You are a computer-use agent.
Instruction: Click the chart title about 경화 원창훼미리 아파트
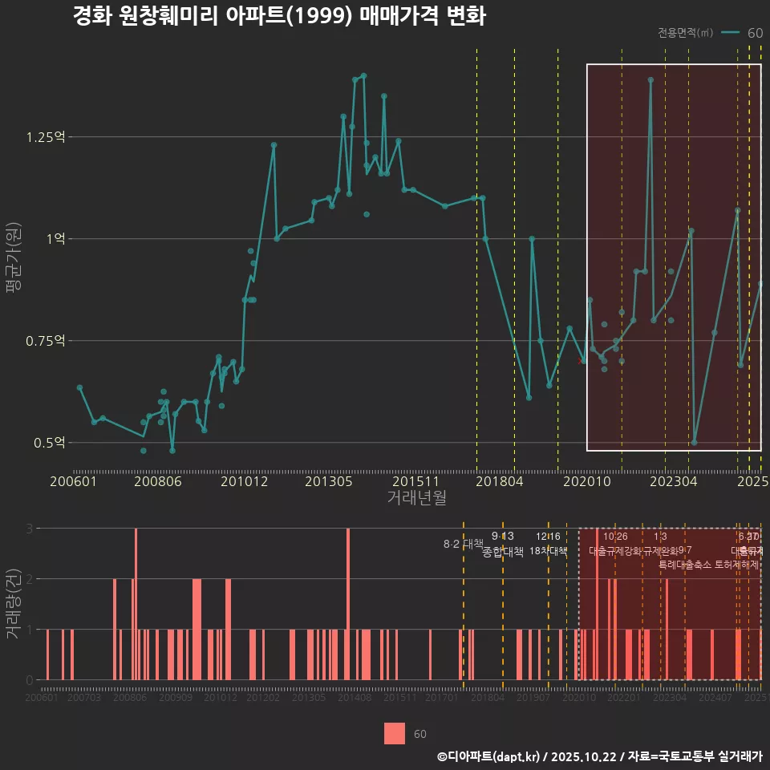(x=278, y=17)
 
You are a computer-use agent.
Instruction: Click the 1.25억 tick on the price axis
(x=46, y=137)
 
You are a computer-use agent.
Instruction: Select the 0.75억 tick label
(x=46, y=341)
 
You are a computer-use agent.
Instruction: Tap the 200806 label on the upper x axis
(x=157, y=482)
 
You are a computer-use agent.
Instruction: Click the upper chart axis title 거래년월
(x=416, y=497)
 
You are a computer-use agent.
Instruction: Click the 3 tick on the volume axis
(x=29, y=529)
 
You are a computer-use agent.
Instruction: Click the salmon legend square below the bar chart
(x=395, y=733)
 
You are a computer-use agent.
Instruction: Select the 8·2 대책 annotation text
(x=463, y=544)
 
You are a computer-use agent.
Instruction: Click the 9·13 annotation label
(x=503, y=536)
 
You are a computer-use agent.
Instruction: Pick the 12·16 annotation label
(x=548, y=536)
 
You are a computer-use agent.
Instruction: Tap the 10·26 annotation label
(x=615, y=536)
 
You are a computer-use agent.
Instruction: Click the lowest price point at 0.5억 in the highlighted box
(x=694, y=442)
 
